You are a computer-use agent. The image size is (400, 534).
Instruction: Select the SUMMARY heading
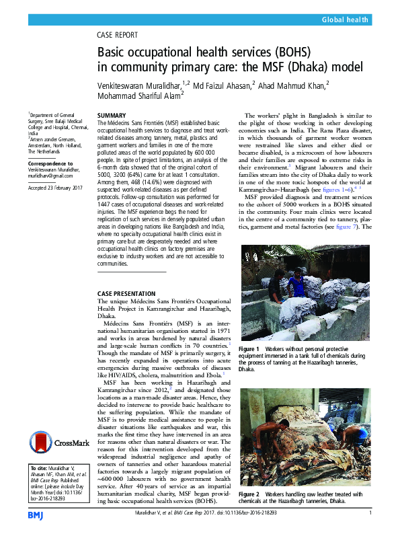tap(112, 115)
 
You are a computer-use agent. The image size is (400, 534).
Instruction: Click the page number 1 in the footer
tap(370, 514)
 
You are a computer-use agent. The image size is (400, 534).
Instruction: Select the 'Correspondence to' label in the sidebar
tap(51, 163)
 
